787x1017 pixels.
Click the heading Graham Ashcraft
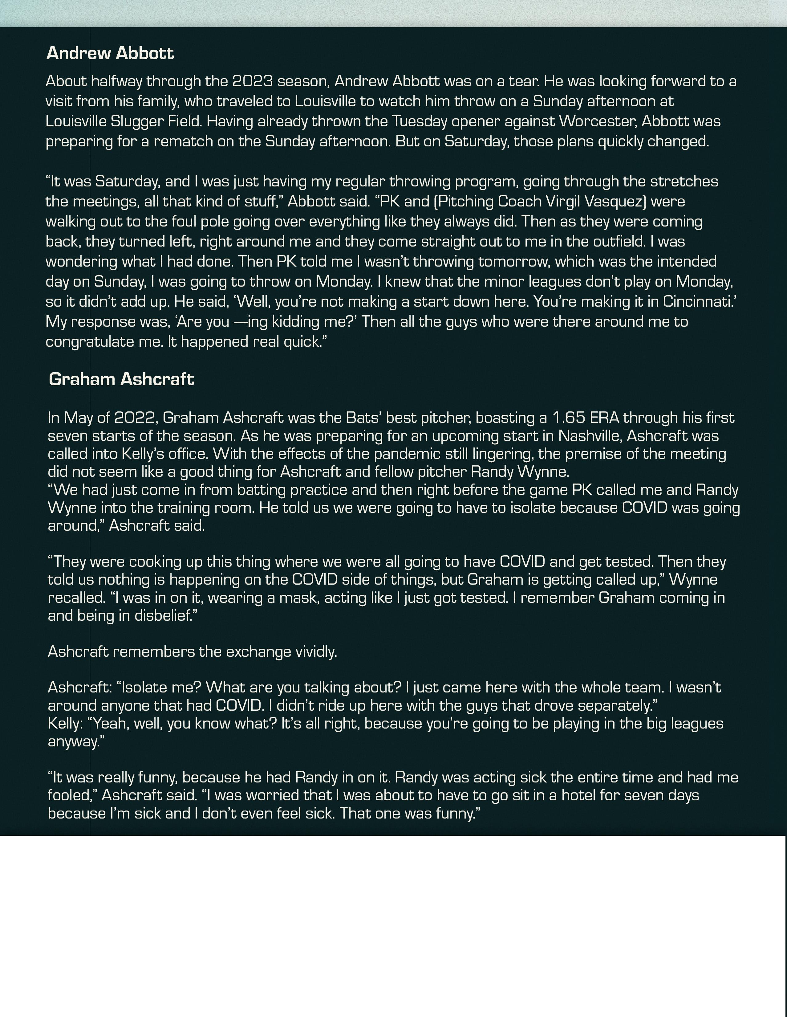(x=121, y=379)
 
